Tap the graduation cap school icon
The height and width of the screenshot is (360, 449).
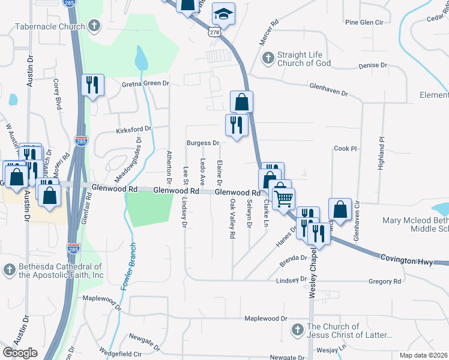(x=223, y=14)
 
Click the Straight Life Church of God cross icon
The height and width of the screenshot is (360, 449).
(x=268, y=58)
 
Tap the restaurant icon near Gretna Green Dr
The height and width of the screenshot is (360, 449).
(x=92, y=85)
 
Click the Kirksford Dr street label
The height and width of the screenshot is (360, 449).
(x=133, y=128)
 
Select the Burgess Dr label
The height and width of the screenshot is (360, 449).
(x=202, y=143)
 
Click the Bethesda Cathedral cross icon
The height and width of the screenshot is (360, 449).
(x=9, y=270)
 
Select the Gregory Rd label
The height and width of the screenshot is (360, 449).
(x=385, y=281)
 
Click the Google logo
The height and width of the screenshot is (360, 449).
(x=20, y=352)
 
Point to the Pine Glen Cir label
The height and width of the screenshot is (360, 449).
(x=364, y=22)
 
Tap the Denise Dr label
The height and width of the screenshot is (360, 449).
(x=372, y=65)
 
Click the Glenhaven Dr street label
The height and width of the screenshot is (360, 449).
(x=328, y=89)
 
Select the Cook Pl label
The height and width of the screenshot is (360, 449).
(x=345, y=148)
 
